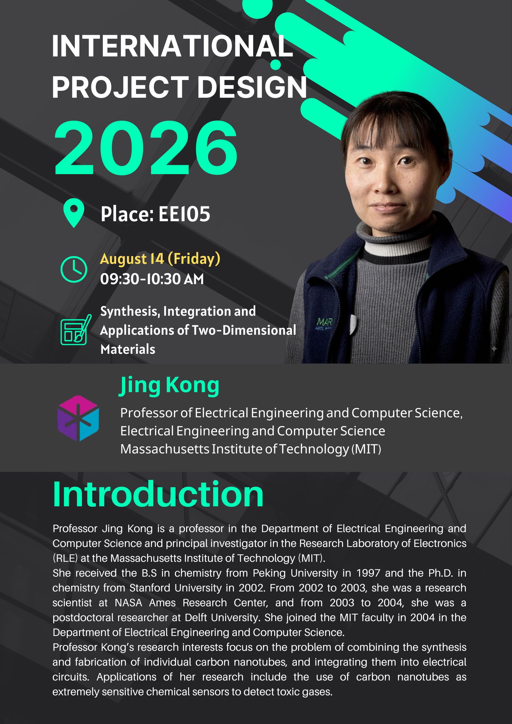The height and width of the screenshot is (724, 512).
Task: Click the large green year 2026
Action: (x=146, y=148)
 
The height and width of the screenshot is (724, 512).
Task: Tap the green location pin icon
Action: (x=74, y=213)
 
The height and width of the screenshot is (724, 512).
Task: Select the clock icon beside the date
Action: (x=74, y=269)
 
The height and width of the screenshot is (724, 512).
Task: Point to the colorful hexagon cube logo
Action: (x=78, y=418)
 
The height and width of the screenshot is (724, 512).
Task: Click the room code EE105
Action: (x=184, y=214)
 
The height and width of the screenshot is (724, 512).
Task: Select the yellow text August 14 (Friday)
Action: (x=160, y=259)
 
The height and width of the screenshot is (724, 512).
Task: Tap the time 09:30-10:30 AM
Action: (x=152, y=279)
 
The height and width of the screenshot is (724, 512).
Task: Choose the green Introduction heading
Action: (x=158, y=494)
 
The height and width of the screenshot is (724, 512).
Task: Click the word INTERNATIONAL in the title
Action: (x=173, y=46)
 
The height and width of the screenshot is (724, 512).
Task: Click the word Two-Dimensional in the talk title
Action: (x=244, y=330)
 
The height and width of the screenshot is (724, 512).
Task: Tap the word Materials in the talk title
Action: (x=128, y=349)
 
